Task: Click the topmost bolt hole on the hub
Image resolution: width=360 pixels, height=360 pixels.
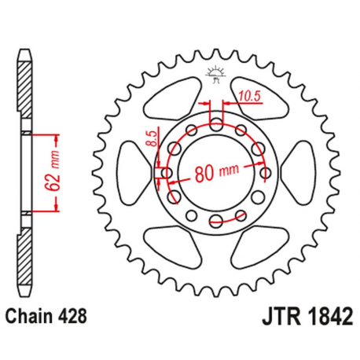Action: (215, 123)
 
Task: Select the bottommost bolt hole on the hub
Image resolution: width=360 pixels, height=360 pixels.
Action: (215, 222)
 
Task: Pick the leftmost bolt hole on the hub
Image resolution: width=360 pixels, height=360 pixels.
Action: (165, 172)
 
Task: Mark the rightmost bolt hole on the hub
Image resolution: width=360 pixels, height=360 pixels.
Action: (265, 172)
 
